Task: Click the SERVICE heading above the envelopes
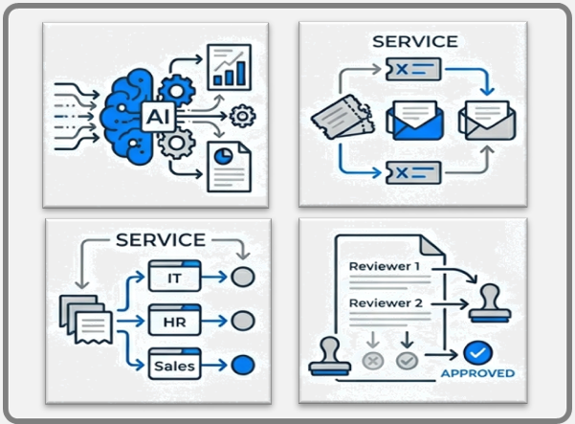pos(415,41)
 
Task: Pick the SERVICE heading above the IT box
pos(160,239)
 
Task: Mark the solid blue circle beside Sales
pos(243,364)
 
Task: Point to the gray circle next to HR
pos(243,320)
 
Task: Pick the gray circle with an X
pos(371,361)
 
